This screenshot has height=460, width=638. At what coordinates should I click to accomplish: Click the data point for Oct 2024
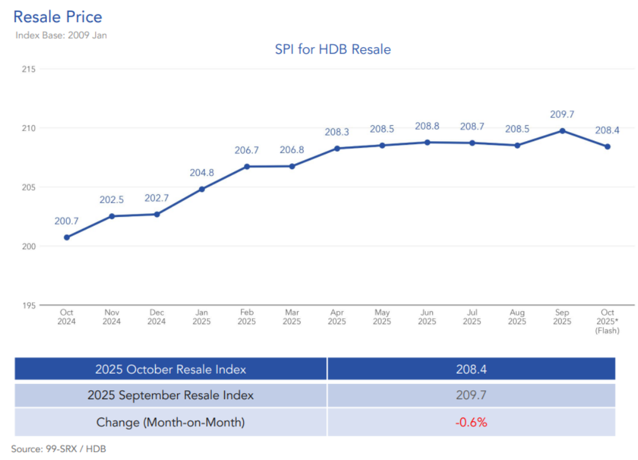pyautogui.click(x=67, y=237)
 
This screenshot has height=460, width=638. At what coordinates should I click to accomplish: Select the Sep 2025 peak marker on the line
pyautogui.click(x=562, y=130)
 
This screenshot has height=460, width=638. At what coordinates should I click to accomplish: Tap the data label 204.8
pyautogui.click(x=202, y=173)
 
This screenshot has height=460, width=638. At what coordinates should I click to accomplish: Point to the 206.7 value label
pyautogui.click(x=247, y=150)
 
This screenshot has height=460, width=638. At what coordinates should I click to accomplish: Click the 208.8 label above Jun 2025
pyautogui.click(x=427, y=126)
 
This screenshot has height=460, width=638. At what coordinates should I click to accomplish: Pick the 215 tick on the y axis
pyautogui.click(x=29, y=69)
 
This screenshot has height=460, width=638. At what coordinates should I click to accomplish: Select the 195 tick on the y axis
pyautogui.click(x=29, y=305)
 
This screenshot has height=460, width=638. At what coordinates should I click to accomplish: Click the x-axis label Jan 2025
pyautogui.click(x=202, y=317)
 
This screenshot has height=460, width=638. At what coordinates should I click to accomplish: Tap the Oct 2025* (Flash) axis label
pyautogui.click(x=607, y=321)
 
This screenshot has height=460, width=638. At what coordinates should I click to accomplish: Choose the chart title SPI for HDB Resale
pyautogui.click(x=333, y=49)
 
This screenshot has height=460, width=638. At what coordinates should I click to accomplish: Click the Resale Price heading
pyautogui.click(x=57, y=17)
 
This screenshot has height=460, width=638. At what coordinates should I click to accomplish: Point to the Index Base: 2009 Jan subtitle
pyautogui.click(x=61, y=35)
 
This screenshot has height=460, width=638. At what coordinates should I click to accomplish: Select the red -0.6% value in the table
pyautogui.click(x=471, y=422)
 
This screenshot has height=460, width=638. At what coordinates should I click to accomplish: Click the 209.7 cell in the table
pyautogui.click(x=471, y=395)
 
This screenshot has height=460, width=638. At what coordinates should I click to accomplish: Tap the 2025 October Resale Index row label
pyautogui.click(x=171, y=369)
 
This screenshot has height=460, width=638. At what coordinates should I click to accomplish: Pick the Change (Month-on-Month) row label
pyautogui.click(x=171, y=422)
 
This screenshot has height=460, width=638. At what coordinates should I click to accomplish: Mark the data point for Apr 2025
pyautogui.click(x=337, y=148)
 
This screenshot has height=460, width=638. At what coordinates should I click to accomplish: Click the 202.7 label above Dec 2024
pyautogui.click(x=157, y=198)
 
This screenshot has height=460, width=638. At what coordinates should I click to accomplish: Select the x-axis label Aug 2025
pyautogui.click(x=517, y=317)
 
